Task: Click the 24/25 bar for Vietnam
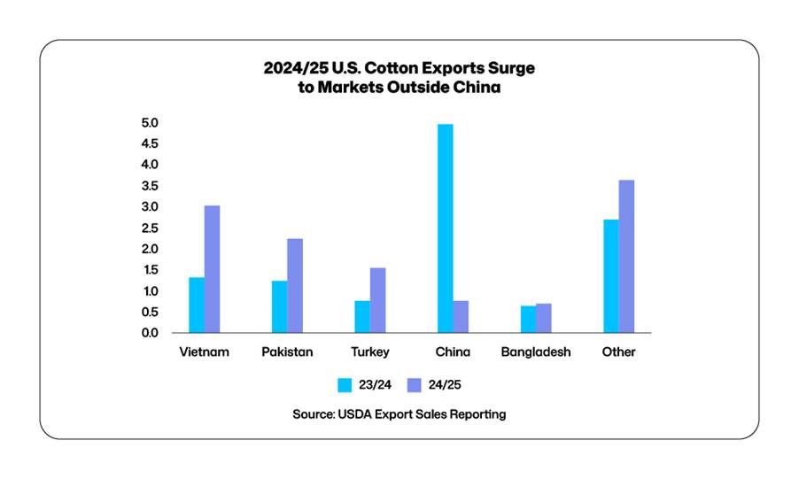click(x=212, y=269)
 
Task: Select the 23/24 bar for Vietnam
click(x=197, y=305)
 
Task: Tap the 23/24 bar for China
click(x=445, y=228)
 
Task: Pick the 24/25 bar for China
click(x=461, y=317)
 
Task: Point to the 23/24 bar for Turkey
click(x=362, y=317)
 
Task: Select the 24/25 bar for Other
click(x=626, y=257)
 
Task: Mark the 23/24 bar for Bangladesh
click(x=528, y=320)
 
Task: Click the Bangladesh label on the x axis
click(x=536, y=352)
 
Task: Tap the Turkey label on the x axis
click(x=369, y=352)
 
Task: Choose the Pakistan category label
click(x=287, y=352)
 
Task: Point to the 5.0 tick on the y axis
click(x=149, y=123)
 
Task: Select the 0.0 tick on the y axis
click(x=149, y=333)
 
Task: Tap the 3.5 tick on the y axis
click(x=149, y=186)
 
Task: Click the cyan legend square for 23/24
click(x=345, y=385)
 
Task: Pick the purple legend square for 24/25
click(x=414, y=385)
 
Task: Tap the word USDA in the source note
click(x=357, y=414)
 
